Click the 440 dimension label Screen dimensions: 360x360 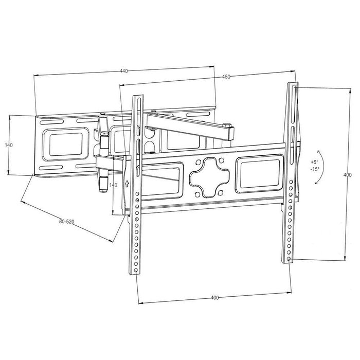pyautogui.click(x=123, y=71)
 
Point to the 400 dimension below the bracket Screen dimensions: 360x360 pyautogui.click(x=215, y=298)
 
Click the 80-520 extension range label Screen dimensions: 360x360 pyautogui.click(x=67, y=222)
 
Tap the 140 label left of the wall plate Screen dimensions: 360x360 pyautogui.click(x=9, y=146)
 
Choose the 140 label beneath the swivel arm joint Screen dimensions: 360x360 pyautogui.click(x=114, y=185)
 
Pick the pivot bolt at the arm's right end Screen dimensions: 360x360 pyautogui.click(x=227, y=124)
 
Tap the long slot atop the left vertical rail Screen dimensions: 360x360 pyautogui.click(x=137, y=114)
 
